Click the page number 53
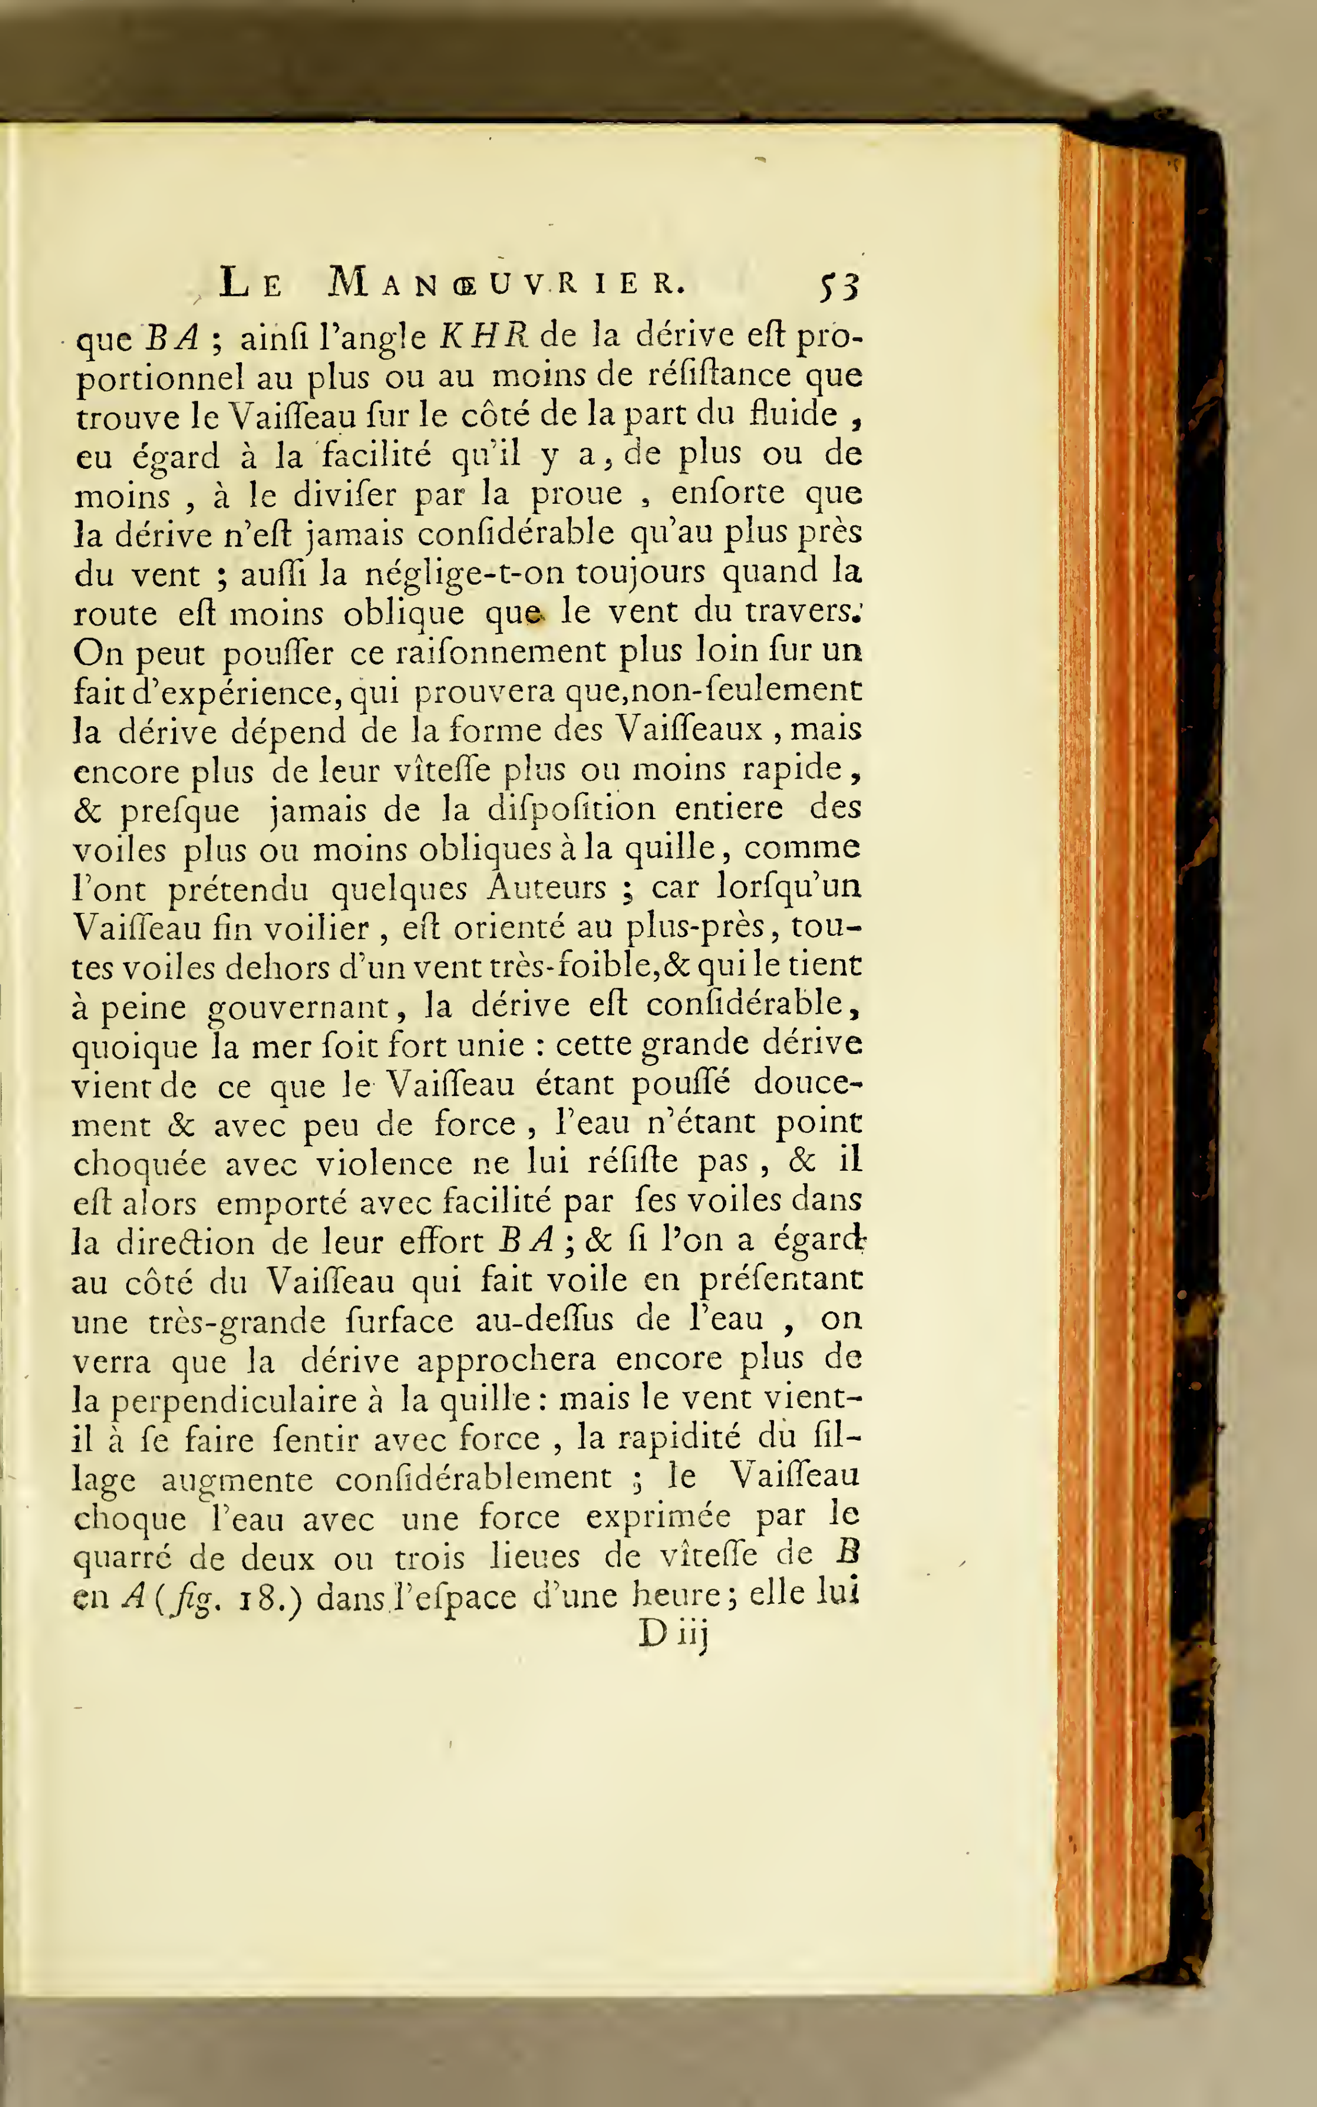point(839,286)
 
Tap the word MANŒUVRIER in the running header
point(506,283)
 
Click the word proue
point(577,494)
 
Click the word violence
point(383,1164)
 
